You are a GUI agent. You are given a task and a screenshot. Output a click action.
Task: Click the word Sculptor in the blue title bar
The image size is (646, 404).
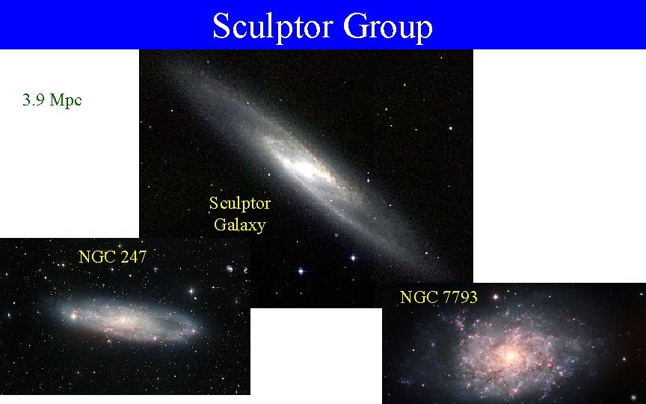coord(273,26)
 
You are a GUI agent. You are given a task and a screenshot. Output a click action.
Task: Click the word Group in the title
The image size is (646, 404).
coord(388,26)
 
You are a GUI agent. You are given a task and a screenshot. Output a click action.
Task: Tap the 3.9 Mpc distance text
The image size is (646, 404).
coord(52,100)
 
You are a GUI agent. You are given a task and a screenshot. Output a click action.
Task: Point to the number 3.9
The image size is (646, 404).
coord(34,100)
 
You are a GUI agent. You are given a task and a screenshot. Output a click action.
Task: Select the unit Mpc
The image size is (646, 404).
coord(66,100)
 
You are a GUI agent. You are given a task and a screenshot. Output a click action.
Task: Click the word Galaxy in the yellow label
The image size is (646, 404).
coord(239,224)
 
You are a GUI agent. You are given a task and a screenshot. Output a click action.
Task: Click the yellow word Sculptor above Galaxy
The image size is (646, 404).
coord(239,203)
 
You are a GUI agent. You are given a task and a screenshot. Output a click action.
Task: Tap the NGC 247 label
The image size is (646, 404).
coord(112,257)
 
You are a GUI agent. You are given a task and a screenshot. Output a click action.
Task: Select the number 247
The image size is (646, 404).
coord(132,257)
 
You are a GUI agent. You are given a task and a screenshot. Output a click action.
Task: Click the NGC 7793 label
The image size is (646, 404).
coord(438,297)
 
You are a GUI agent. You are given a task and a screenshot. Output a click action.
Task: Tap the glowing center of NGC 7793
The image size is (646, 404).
coord(511,356)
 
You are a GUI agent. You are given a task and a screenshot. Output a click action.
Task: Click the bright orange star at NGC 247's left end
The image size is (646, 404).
coord(74,316)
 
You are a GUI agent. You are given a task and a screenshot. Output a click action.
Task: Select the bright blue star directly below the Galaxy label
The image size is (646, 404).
coord(301,270)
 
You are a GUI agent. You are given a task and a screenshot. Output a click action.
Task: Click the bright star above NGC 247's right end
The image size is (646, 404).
coord(191,290)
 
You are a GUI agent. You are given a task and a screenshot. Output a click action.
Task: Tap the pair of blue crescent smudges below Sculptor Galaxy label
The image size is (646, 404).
coord(236,268)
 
